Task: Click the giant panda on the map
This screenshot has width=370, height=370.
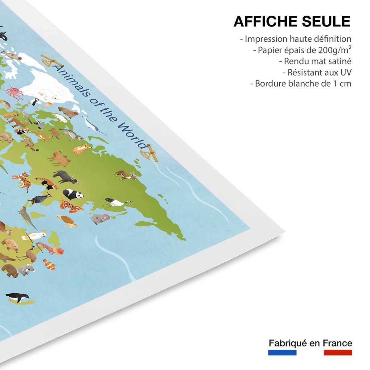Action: [73, 194]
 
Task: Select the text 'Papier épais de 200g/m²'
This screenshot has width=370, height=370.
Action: [302, 50]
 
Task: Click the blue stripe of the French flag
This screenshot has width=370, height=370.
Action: [282, 352]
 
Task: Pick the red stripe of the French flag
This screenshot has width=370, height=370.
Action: [338, 352]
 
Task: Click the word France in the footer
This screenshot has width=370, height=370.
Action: [337, 343]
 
